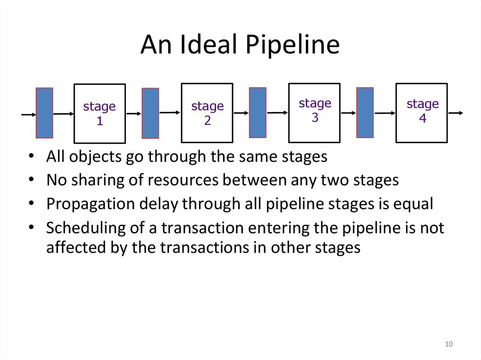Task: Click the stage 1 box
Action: pyautogui.click(x=100, y=113)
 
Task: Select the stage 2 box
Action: pyautogui.click(x=207, y=113)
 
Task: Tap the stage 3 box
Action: pyautogui.click(x=315, y=113)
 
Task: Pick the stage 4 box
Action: pyautogui.click(x=422, y=113)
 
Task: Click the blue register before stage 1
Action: pyautogui.click(x=45, y=113)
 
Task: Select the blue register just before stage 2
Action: pyautogui.click(x=150, y=113)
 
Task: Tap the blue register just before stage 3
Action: pyautogui.click(x=257, y=113)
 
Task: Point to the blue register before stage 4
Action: pyautogui.click(x=365, y=113)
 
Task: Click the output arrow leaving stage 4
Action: pyautogui.click(x=456, y=113)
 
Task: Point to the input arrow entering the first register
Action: pyautogui.click(x=28, y=114)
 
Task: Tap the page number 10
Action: pyautogui.click(x=449, y=345)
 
